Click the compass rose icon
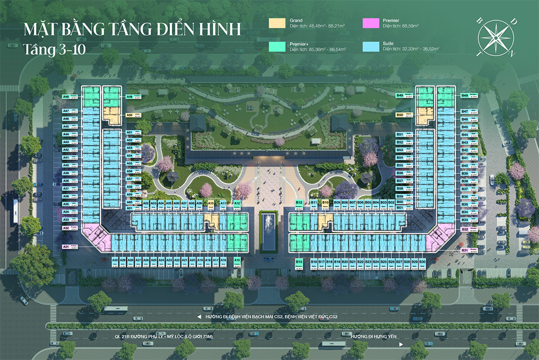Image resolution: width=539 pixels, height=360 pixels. point(495,38)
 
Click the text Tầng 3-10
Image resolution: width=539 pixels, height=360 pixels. point(55,49)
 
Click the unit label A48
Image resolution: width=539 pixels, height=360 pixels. point(66,97)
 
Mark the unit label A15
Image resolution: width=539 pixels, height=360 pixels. point(237,260)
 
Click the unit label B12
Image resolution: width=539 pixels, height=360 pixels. point(299,203)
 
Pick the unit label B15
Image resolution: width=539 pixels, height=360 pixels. point(299,261)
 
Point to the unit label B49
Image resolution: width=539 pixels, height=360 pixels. point(400,95)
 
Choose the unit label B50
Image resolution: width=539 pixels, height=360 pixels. point(400,115)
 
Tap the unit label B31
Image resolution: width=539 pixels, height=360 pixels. point(465,251)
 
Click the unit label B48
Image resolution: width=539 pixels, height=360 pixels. point(465,95)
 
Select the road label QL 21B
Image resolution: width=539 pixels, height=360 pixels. point(137,336)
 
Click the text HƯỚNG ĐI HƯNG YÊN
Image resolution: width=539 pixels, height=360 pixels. point(374,336)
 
